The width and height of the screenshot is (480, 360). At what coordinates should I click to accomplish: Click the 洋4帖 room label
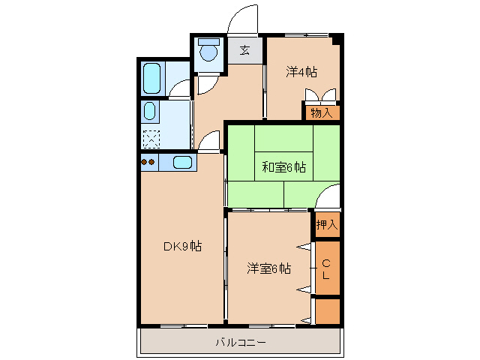point(301,72)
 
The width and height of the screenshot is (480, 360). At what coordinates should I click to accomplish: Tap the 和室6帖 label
point(283,167)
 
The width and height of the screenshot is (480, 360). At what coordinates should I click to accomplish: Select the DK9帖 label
point(181,246)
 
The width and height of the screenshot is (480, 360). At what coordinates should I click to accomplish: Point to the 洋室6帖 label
point(269,268)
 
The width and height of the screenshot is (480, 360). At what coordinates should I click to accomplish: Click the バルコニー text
point(241,343)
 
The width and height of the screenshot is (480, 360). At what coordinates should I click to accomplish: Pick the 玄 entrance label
point(245,51)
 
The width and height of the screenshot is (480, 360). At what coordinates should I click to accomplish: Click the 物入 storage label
point(321,112)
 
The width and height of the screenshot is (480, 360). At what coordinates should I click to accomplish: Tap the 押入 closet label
point(326,224)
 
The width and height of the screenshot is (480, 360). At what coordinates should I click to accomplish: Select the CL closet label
point(326,269)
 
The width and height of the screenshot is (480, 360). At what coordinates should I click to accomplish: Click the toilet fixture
point(208,52)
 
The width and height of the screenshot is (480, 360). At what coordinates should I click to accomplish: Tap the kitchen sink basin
point(183,162)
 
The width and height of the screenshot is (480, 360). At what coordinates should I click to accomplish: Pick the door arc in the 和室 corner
point(327,198)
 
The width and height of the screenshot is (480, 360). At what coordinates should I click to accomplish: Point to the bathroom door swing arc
point(180,91)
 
